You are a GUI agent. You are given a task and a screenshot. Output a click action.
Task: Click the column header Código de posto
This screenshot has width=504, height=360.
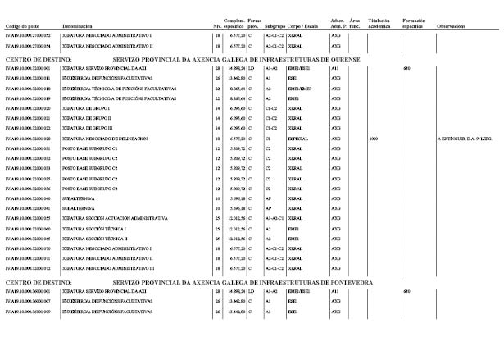tap(22, 26)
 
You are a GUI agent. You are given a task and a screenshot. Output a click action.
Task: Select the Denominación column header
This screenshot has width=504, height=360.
tap(79, 26)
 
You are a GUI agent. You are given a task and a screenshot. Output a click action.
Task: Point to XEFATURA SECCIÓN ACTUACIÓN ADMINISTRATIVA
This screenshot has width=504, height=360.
tap(116, 218)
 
